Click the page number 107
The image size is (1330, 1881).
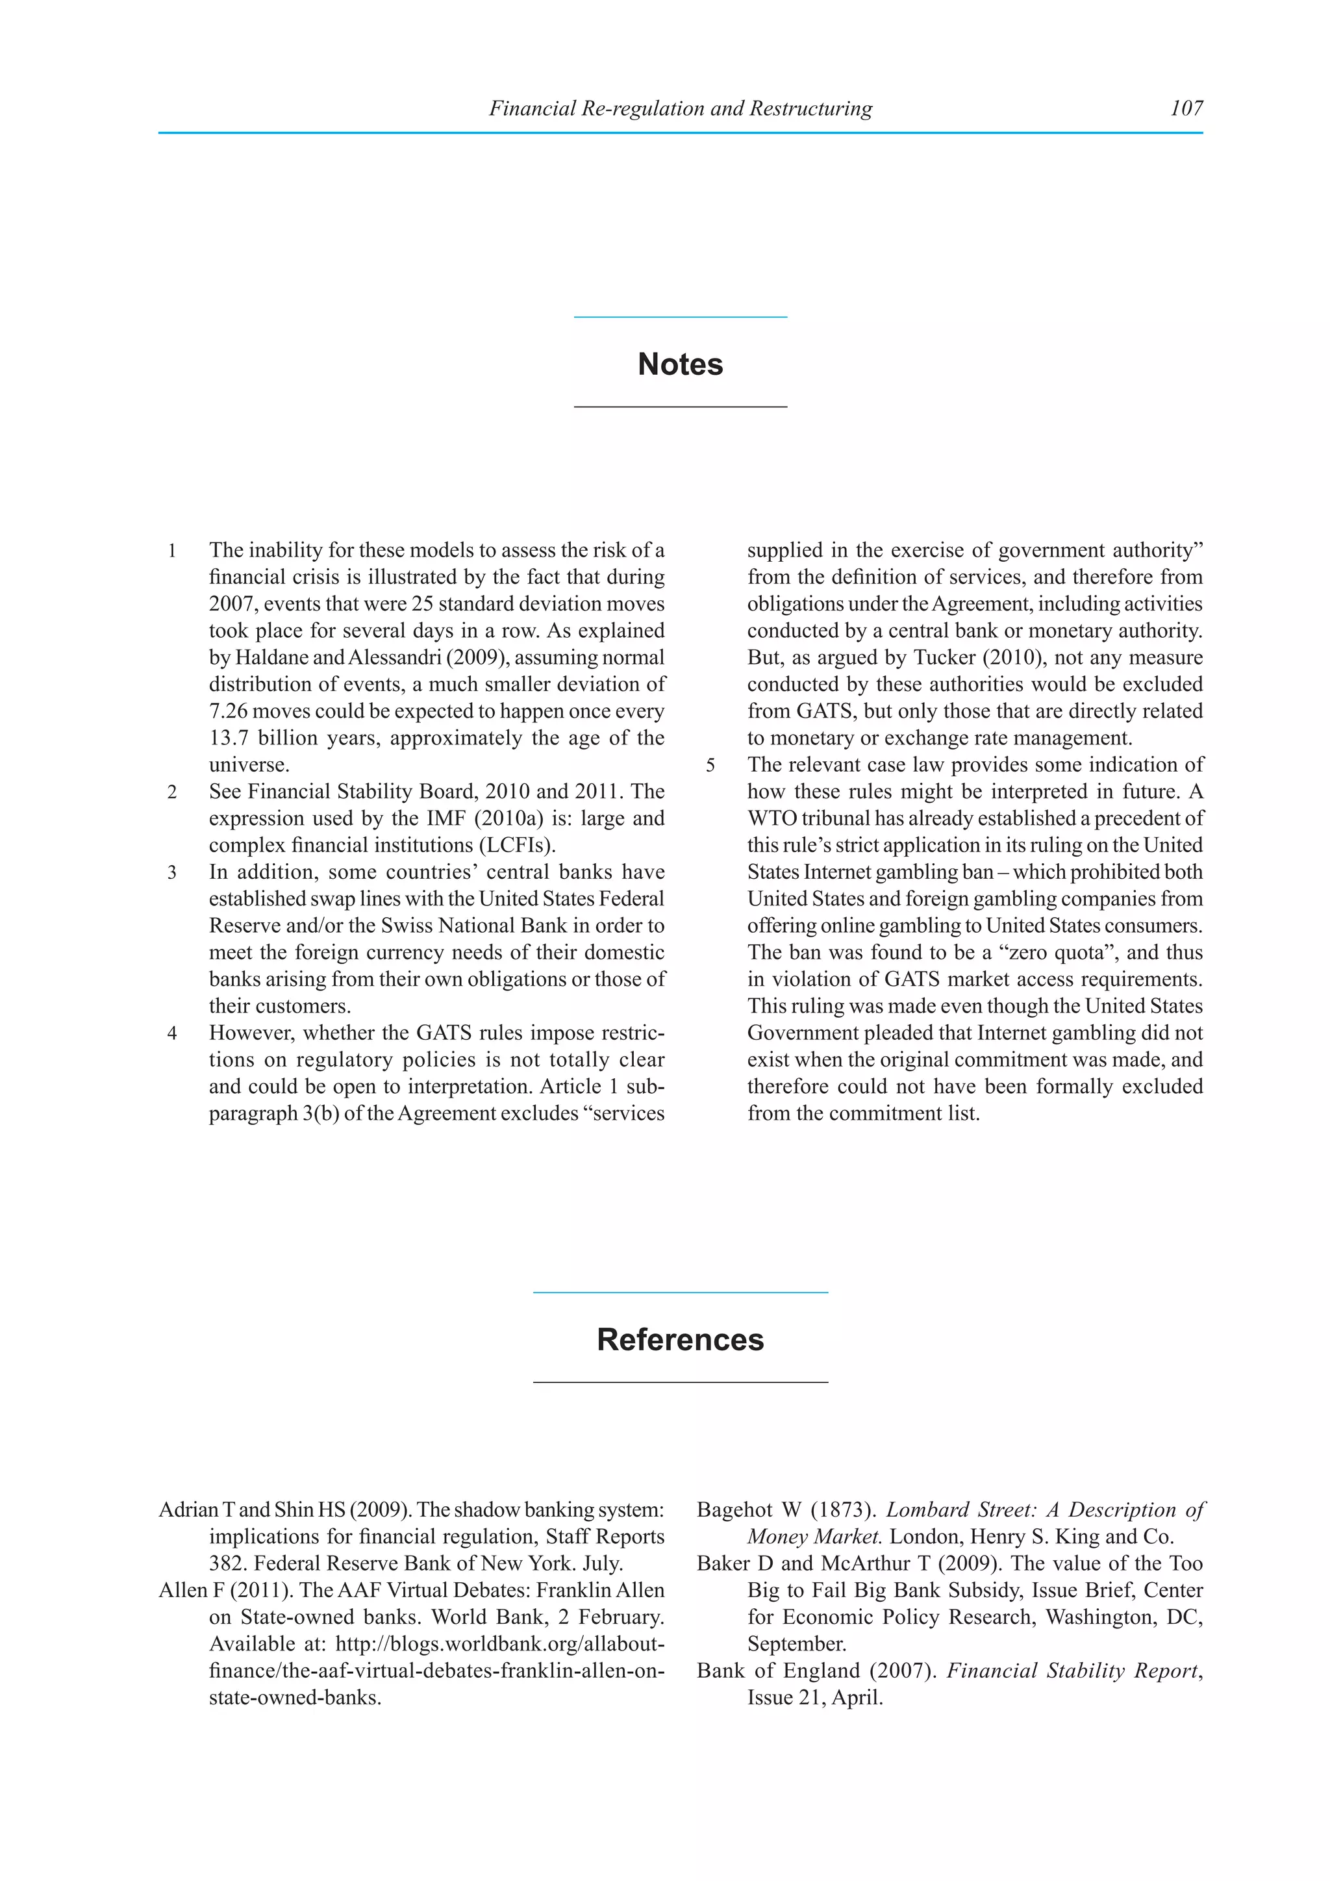click(1186, 108)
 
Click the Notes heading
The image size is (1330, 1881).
click(680, 364)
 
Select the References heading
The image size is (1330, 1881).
click(680, 1339)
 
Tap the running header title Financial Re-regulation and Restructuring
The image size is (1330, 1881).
click(680, 108)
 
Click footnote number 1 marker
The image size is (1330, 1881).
click(172, 551)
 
